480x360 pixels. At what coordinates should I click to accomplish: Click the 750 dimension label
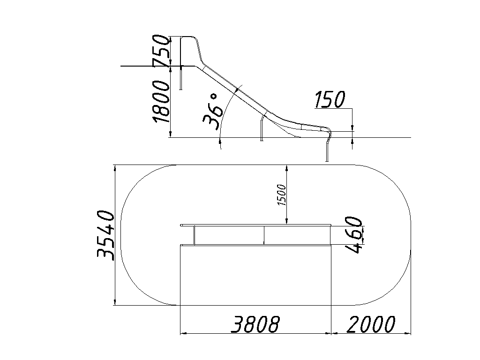[161, 51]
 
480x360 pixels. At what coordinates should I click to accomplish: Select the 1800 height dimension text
[161, 101]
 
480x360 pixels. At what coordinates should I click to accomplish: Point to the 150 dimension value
[330, 99]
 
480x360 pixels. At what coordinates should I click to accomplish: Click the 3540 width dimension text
[105, 235]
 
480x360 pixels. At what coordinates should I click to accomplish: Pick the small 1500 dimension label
[281, 195]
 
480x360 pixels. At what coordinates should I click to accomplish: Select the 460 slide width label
[353, 234]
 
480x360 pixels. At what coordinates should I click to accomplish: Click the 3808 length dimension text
[255, 324]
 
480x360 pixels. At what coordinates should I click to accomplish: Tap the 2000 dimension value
[371, 324]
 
